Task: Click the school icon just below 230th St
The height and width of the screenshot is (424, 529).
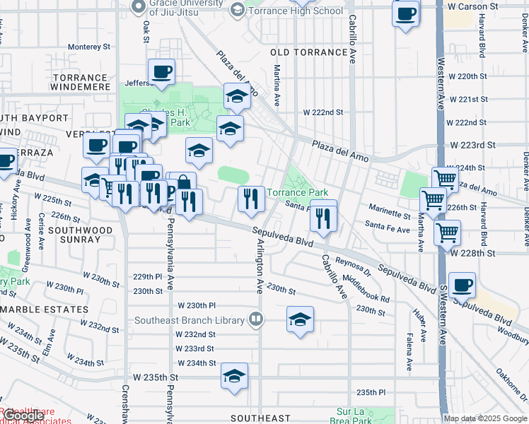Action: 300,319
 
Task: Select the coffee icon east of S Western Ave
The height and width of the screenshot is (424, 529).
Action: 462,285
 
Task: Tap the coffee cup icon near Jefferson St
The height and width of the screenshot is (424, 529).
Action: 161,71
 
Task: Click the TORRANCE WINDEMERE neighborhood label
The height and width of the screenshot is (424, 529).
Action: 79,83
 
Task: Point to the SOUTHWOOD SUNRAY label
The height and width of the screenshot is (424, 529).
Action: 71,235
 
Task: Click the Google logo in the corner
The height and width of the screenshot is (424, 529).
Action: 23,416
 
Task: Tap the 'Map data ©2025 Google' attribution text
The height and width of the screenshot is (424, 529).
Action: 484,418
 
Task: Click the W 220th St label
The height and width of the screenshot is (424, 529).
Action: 463,76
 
